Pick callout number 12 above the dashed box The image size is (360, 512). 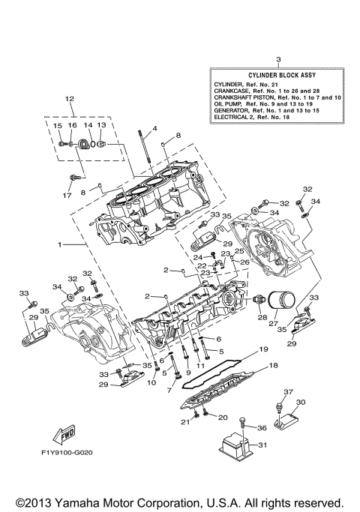coord(70,98)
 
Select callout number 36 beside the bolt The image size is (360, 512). coord(262,428)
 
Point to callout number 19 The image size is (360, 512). coord(262,349)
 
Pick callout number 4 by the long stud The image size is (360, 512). coord(154,129)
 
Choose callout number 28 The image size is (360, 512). coord(262,317)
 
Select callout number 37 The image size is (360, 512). coord(286,392)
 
